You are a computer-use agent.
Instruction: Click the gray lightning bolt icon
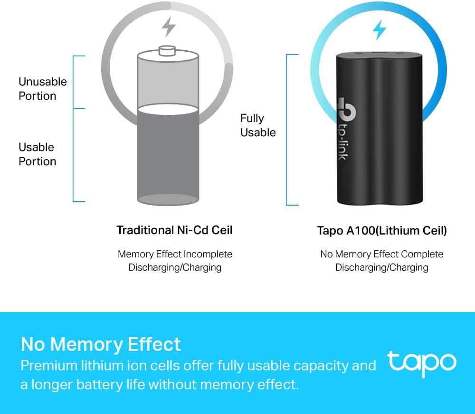click(169, 27)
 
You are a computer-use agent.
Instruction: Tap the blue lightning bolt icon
click(379, 30)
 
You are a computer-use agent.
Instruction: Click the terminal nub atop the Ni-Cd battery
click(167, 51)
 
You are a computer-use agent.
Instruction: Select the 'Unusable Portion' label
click(42, 89)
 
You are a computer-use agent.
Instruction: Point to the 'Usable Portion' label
click(37, 154)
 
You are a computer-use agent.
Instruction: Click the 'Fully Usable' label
click(258, 125)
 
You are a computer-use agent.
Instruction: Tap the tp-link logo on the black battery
click(346, 129)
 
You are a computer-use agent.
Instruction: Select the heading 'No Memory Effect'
click(101, 344)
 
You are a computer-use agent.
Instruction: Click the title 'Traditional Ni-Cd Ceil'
click(174, 230)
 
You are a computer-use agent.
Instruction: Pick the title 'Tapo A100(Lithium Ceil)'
click(382, 230)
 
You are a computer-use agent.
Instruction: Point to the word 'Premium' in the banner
click(49, 365)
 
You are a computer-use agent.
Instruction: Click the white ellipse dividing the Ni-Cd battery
click(168, 109)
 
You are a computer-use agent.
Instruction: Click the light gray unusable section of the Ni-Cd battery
click(168, 82)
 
